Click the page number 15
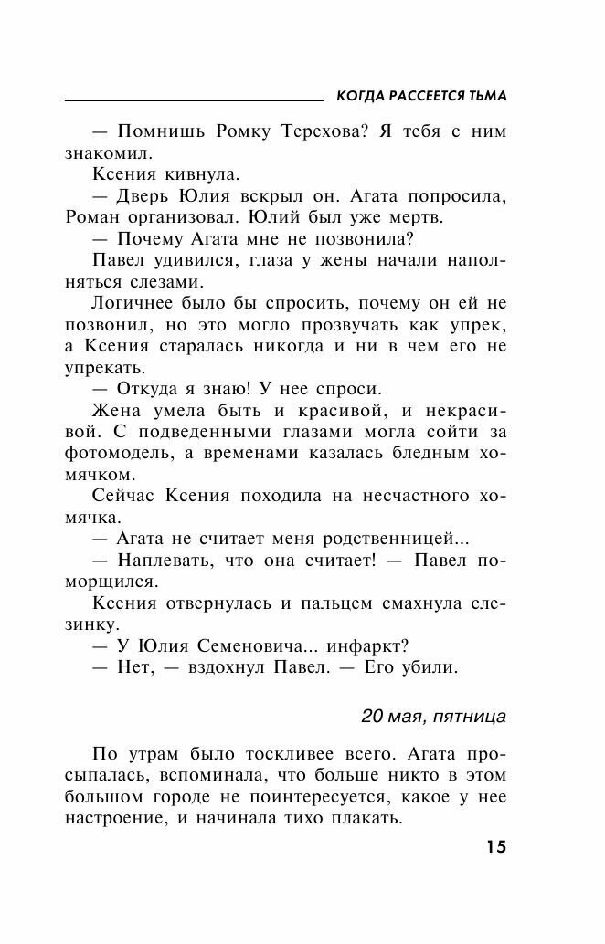pyautogui.click(x=495, y=846)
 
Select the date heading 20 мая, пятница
pyautogui.click(x=433, y=717)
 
